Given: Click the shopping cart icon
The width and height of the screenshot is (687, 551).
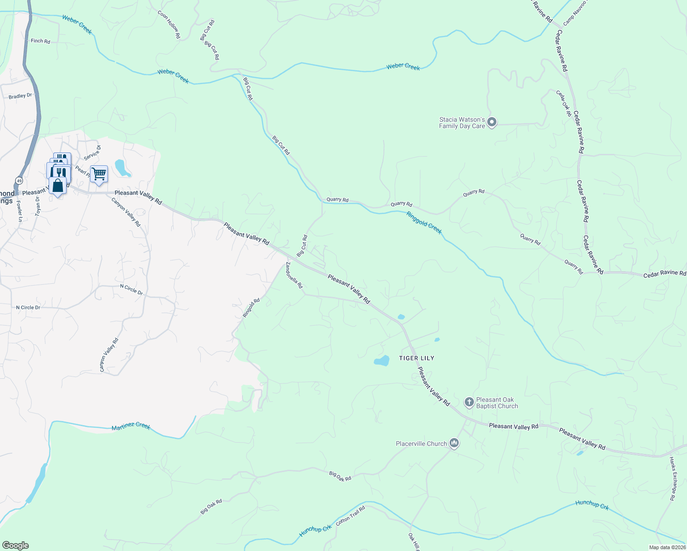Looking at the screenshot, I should point(99,174).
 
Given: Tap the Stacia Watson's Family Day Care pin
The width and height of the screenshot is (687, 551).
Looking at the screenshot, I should point(492,123).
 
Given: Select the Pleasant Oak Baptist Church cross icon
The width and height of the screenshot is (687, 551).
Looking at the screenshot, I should point(469,403).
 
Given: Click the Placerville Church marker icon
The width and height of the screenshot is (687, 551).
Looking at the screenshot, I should point(454,443).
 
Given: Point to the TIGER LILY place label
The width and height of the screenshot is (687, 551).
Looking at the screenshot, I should point(417,358).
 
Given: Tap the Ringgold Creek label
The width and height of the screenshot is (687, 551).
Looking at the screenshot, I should point(424,223).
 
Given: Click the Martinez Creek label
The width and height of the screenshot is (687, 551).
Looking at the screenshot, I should point(131,426).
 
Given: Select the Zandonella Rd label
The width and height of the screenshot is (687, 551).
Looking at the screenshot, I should point(294,275).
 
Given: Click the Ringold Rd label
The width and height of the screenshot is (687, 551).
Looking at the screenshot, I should point(251,308).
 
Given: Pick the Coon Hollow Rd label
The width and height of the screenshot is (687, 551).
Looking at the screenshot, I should point(169,24).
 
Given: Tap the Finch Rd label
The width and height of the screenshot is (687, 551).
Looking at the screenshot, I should point(40,41).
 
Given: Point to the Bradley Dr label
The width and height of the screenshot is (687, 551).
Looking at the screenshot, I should point(20,96).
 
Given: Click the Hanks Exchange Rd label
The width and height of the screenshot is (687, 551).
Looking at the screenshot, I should point(673,478).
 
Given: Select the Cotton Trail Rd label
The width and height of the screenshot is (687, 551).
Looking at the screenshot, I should point(350,516).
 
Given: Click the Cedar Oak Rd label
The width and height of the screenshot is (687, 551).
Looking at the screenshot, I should point(563,103).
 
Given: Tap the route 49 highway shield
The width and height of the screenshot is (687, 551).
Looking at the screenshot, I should point(19,180).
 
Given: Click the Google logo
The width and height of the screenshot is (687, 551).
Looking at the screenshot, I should point(16,545).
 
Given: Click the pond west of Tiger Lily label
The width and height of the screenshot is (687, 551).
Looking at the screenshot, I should point(382,361).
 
